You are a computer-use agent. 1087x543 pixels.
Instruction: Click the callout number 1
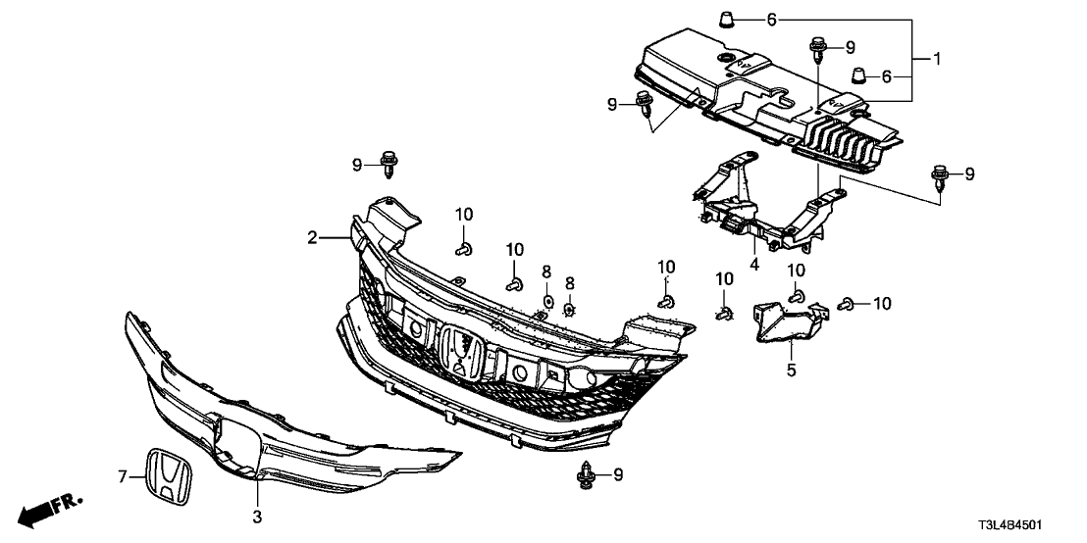(936, 60)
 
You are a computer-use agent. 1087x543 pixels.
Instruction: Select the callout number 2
(311, 237)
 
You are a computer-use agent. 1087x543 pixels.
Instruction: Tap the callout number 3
(257, 516)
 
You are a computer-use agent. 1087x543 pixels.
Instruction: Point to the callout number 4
(755, 264)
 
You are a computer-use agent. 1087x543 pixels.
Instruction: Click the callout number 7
(123, 477)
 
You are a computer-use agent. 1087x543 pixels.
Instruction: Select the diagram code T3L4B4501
(1031, 525)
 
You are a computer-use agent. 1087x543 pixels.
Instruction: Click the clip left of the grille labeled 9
(391, 164)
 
